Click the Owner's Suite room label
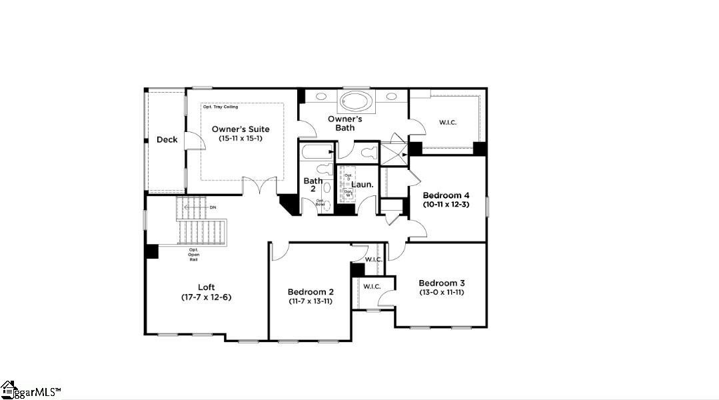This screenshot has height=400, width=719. point(241,129)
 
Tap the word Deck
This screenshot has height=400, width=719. point(167,139)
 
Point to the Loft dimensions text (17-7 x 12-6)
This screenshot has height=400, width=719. point(206,297)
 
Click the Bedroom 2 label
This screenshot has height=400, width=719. point(310,292)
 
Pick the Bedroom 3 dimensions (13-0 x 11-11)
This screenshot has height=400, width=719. point(441,292)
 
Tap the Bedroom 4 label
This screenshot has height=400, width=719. point(446,195)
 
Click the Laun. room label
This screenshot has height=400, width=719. point(362,184)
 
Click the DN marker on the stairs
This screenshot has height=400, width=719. point(213,207)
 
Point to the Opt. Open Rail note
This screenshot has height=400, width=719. point(193,255)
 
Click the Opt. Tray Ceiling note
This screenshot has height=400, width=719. point(221,107)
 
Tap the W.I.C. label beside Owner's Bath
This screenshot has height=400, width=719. point(447,122)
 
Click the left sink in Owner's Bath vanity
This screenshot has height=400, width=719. point(321,97)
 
